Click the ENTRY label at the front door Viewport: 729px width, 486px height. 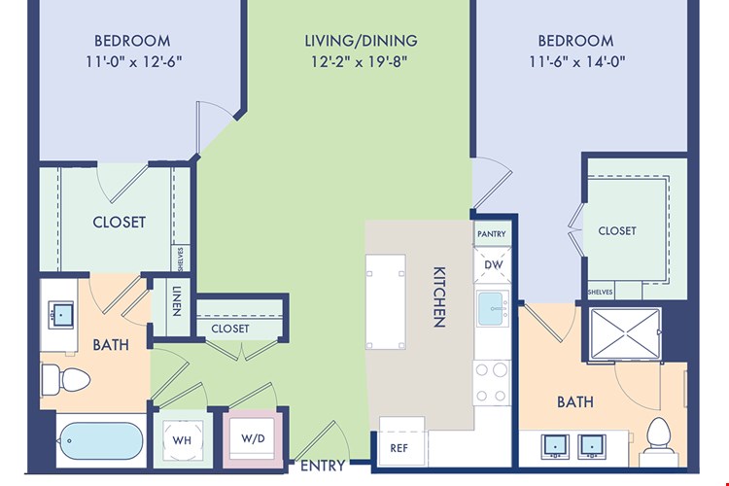pyautogui.click(x=323, y=466)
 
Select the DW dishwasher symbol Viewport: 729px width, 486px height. pyautogui.click(x=493, y=264)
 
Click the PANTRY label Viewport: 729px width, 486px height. pyautogui.click(x=492, y=234)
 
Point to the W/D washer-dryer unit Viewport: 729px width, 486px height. pyautogui.click(x=253, y=438)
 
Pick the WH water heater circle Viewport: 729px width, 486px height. pyautogui.click(x=183, y=439)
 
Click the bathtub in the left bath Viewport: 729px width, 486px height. pyautogui.click(x=101, y=440)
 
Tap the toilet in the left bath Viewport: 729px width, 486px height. pyautogui.click(x=65, y=379)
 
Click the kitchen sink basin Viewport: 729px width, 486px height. pyautogui.click(x=493, y=308)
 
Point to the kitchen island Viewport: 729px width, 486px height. pyautogui.click(x=386, y=301)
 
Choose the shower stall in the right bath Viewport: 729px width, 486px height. pyautogui.click(x=625, y=333)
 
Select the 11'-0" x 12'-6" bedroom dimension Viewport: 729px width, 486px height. pyautogui.click(x=133, y=62)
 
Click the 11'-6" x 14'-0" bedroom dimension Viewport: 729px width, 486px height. pyautogui.click(x=576, y=62)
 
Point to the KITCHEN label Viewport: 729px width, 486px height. pyautogui.click(x=439, y=296)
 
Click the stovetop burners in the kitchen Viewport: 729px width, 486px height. pyautogui.click(x=492, y=383)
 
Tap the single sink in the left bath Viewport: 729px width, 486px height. pyautogui.click(x=61, y=315)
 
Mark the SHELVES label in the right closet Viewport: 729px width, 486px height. pyautogui.click(x=601, y=292)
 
